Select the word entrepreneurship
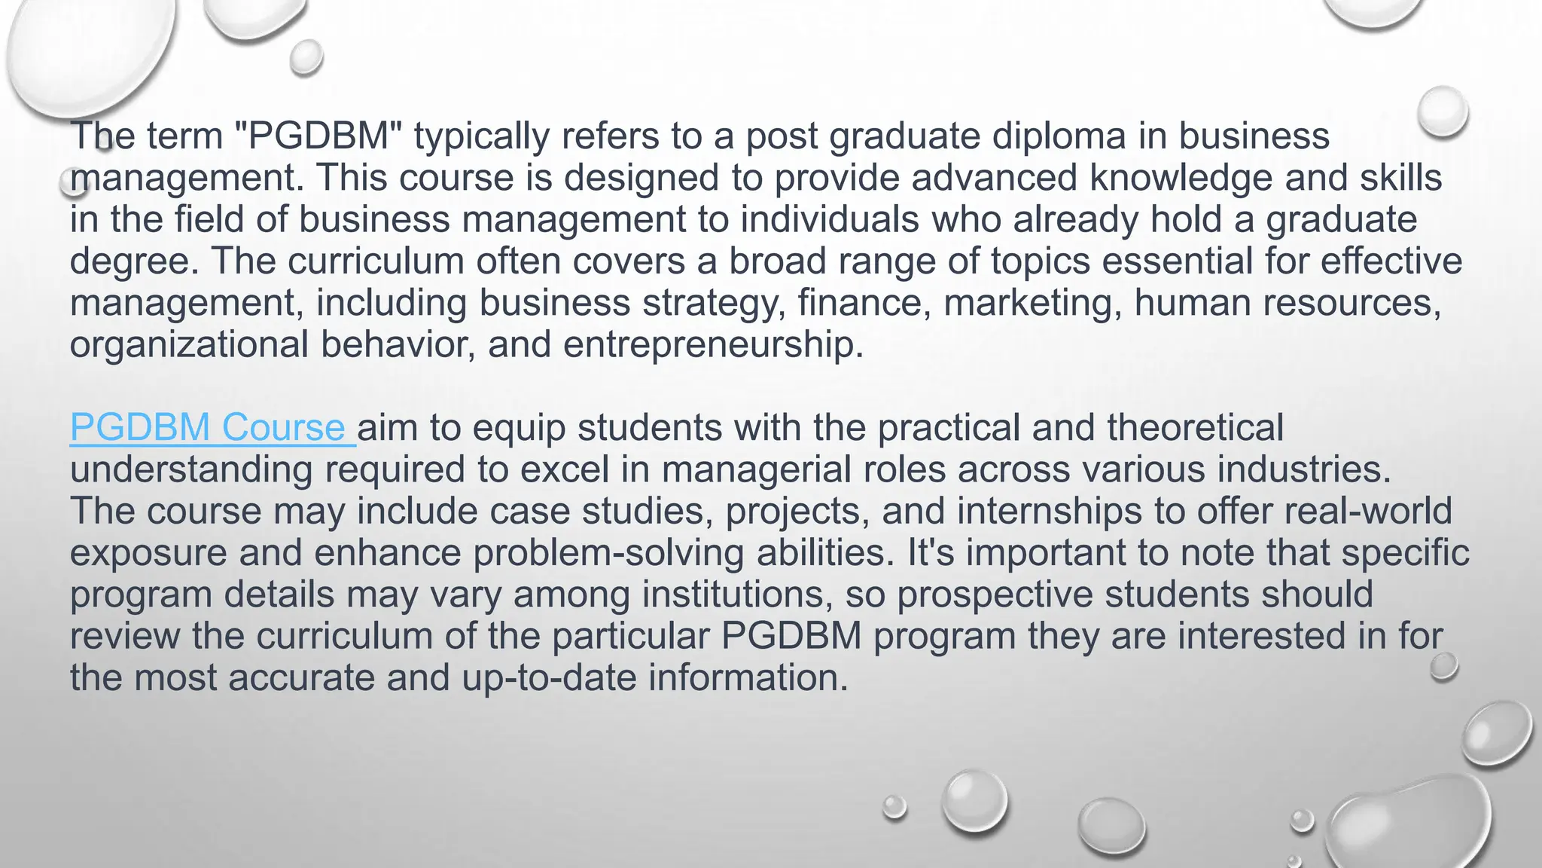click(713, 345)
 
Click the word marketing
click(1032, 303)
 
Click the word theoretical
click(1195, 428)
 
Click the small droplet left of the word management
click(73, 181)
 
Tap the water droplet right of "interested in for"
click(1443, 666)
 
